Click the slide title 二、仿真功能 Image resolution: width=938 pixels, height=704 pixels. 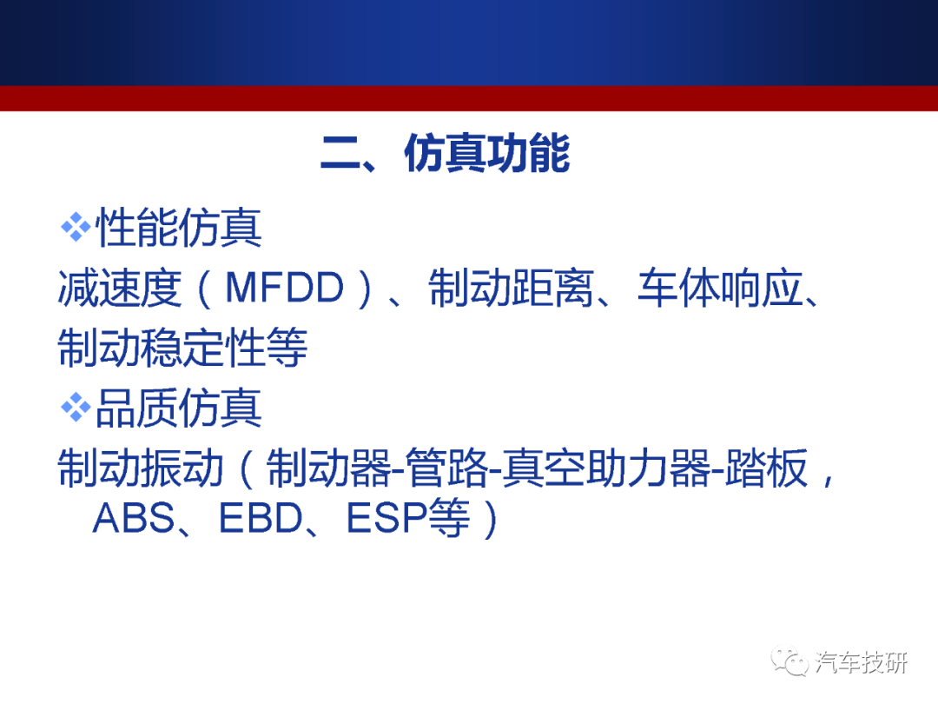coord(446,153)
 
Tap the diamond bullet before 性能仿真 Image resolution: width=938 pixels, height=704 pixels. coord(76,228)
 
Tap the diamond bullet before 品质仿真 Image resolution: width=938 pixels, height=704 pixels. coord(76,408)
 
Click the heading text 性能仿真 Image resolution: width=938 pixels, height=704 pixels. coord(179,228)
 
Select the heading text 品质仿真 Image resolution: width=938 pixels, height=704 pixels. coord(179,408)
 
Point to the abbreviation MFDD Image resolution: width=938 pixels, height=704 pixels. coord(285,288)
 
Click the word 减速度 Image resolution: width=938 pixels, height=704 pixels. coord(120,288)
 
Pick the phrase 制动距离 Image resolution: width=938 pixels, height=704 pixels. coord(511,288)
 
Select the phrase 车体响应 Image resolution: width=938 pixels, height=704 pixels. coord(720,288)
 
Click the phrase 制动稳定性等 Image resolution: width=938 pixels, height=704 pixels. coord(183,347)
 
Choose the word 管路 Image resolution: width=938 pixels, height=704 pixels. coord(447,468)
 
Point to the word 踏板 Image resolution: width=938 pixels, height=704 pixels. coord(766,468)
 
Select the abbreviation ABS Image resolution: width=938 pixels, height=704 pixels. coord(134,518)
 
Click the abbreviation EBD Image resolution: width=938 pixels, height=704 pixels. coord(261,518)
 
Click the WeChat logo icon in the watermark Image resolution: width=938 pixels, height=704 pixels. coord(789,661)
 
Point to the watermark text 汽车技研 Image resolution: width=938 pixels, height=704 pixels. coord(861,662)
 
